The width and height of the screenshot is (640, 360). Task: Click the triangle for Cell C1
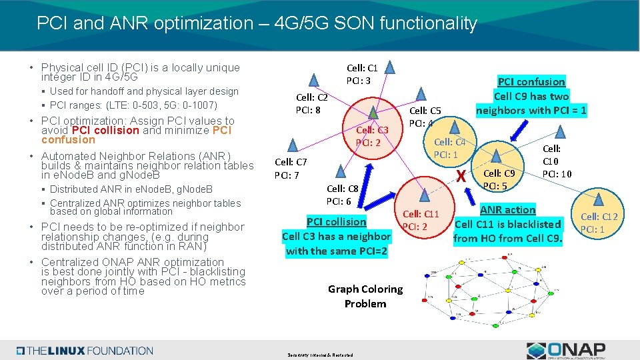pyautogui.click(x=392, y=67)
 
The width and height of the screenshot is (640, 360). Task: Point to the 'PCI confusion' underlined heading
pyautogui.click(x=531, y=81)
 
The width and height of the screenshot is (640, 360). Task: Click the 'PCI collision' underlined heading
pyautogui.click(x=337, y=221)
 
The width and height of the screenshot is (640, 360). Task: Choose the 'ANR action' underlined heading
pyautogui.click(x=508, y=209)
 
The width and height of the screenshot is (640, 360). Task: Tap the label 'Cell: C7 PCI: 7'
pyautogui.click(x=291, y=169)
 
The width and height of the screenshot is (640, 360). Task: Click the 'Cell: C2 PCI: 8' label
pyautogui.click(x=311, y=103)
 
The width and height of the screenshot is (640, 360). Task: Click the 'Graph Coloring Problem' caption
pyautogui.click(x=365, y=296)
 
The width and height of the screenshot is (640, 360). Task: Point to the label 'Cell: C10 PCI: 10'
pyautogui.click(x=556, y=162)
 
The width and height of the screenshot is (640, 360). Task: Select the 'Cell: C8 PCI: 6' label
pyautogui.click(x=343, y=195)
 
